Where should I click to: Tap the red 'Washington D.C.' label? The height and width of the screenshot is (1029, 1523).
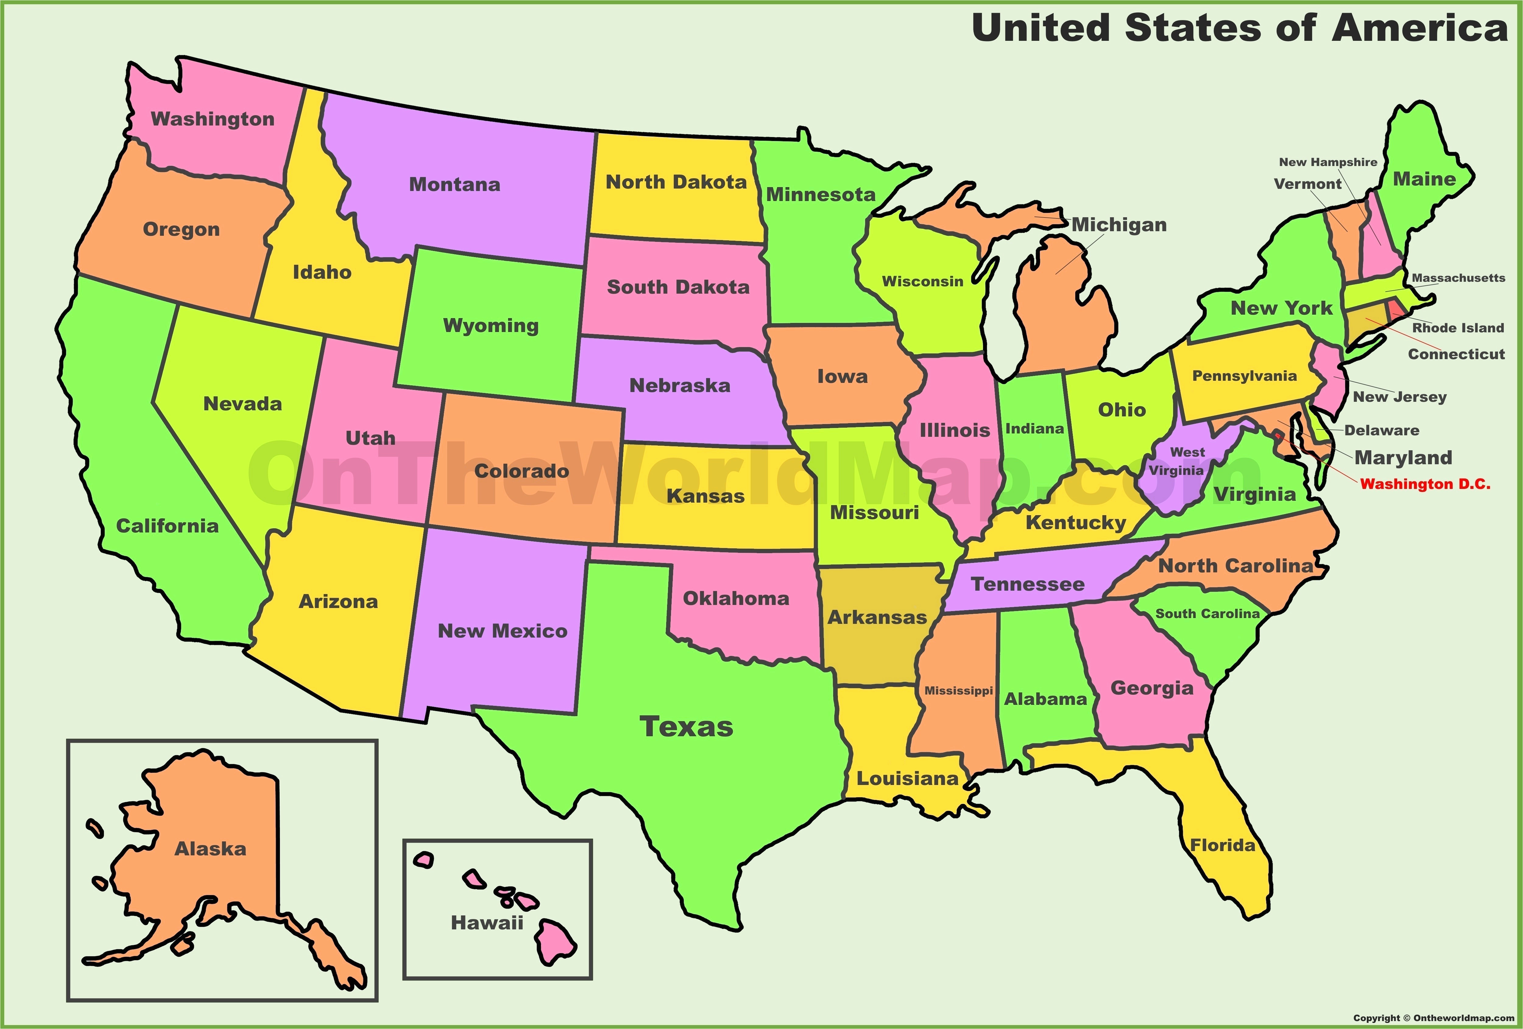click(x=1425, y=484)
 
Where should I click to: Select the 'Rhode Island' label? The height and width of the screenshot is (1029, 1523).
click(x=1458, y=328)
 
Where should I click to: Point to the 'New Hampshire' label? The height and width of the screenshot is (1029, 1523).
click(x=1328, y=162)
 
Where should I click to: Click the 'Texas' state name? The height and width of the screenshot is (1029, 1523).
click(x=686, y=727)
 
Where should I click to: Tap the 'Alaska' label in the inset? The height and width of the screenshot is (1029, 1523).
click(x=210, y=849)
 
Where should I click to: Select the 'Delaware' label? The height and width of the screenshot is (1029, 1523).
click(x=1381, y=431)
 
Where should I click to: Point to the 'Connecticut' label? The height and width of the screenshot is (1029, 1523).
click(x=1456, y=355)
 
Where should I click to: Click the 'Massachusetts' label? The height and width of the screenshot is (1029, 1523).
click(x=1458, y=278)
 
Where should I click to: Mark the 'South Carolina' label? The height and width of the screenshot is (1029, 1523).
click(x=1207, y=614)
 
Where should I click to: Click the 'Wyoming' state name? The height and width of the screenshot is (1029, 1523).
click(x=491, y=326)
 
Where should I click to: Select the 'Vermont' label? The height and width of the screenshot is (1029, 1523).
click(x=1307, y=184)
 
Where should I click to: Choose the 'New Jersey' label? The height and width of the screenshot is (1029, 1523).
click(x=1399, y=397)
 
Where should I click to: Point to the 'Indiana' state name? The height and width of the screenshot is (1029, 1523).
click(x=1034, y=429)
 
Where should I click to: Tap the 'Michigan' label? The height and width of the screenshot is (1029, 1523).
click(x=1119, y=225)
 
